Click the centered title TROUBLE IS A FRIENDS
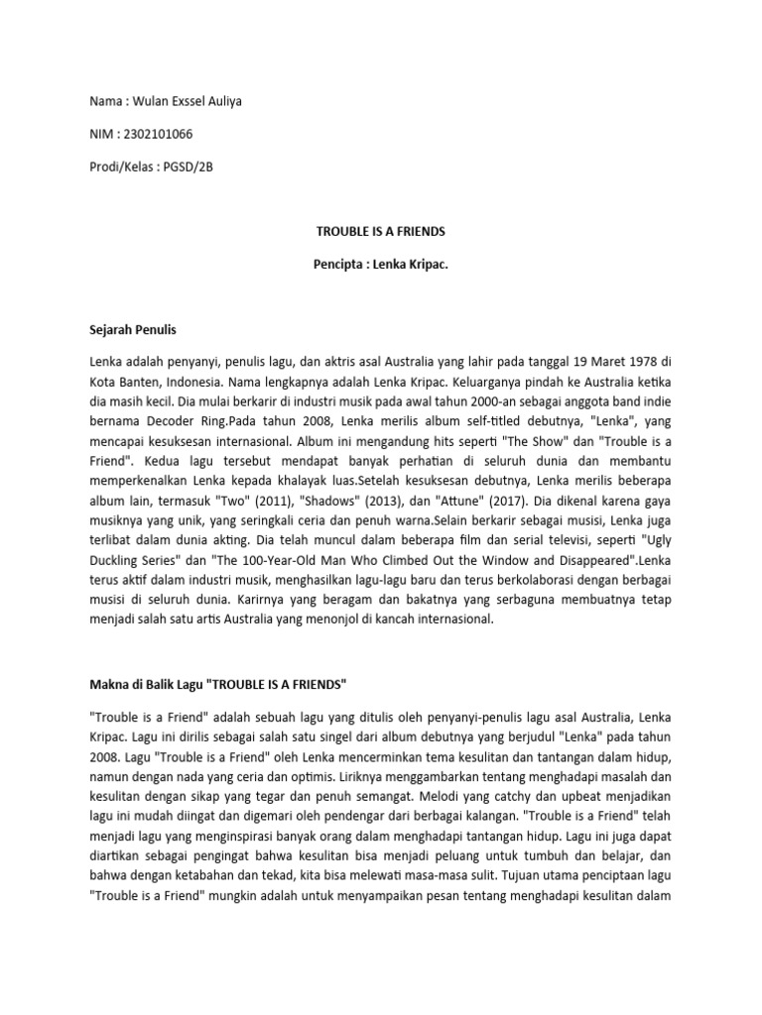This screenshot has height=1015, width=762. [x=381, y=232]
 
